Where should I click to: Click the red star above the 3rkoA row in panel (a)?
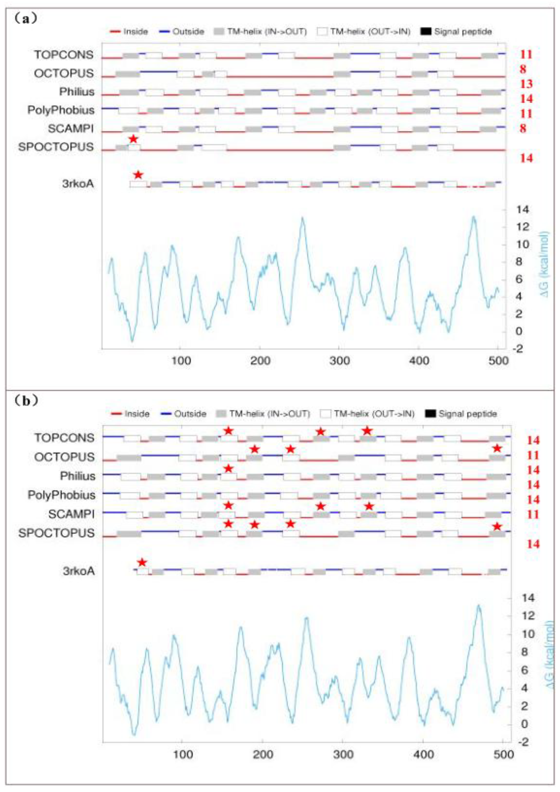click(x=138, y=175)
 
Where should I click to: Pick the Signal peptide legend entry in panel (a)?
click(x=456, y=32)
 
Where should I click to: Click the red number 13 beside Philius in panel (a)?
click(x=526, y=84)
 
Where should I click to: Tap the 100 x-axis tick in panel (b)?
click(x=183, y=754)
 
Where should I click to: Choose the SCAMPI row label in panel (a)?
click(x=71, y=129)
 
